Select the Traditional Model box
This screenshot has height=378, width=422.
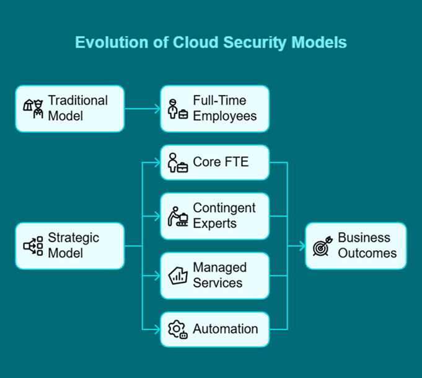[x=69, y=109]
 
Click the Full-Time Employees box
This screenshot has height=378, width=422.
[x=214, y=109]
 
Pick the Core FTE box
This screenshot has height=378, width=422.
[x=214, y=163]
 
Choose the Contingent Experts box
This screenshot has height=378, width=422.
[x=214, y=216]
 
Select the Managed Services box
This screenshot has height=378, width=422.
[x=214, y=276]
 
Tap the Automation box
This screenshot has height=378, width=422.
[x=214, y=329]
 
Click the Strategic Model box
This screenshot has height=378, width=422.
[x=69, y=246]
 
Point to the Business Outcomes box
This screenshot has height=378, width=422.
[x=356, y=246]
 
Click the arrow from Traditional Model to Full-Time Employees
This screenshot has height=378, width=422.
[x=142, y=109]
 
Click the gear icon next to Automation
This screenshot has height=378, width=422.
[x=177, y=329]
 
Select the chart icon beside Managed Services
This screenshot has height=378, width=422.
[x=178, y=276]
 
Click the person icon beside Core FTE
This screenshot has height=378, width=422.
[x=177, y=163]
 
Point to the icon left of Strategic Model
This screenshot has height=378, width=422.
[x=33, y=246]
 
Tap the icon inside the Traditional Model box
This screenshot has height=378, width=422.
[x=33, y=109]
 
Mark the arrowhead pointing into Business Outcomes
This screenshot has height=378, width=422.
[x=302, y=246]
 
